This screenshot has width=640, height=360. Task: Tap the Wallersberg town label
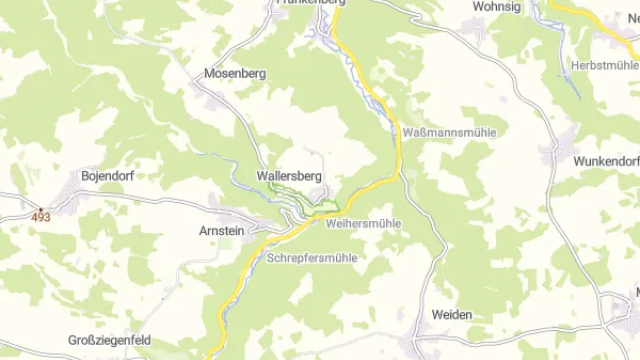click(289, 175)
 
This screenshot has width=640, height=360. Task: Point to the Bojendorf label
click(107, 176)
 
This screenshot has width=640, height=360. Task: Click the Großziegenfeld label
click(110, 340)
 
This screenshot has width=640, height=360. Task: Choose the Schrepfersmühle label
click(312, 257)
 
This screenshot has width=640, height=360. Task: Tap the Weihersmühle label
click(362, 223)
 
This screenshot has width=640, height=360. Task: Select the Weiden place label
click(452, 314)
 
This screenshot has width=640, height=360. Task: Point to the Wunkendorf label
click(606, 161)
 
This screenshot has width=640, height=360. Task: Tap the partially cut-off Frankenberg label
click(310, 4)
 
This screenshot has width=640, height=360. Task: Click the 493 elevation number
click(40, 217)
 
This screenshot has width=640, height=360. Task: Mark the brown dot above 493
click(40, 208)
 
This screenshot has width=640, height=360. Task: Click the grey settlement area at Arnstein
click(240, 216)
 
